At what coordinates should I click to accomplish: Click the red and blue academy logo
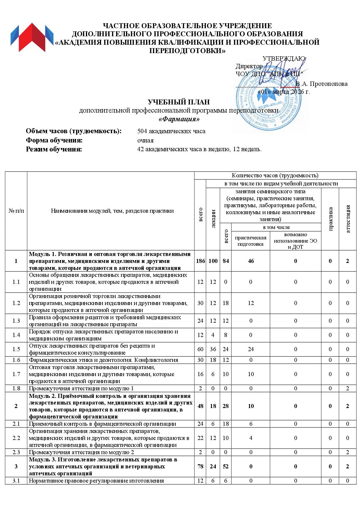click(32, 37)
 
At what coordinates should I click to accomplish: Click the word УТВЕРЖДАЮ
click(284, 59)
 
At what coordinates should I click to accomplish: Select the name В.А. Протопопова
click(321, 84)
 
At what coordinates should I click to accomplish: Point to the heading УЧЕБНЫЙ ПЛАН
click(179, 102)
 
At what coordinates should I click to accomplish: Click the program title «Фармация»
click(179, 119)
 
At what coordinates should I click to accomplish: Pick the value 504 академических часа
click(171, 131)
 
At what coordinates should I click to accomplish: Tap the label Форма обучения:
click(54, 140)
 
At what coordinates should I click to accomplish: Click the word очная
click(145, 140)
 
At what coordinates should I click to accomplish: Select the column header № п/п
click(16, 211)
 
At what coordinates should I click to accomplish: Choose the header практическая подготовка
click(251, 241)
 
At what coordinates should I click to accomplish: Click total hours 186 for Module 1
click(200, 261)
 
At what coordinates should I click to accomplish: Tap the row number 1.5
click(16, 349)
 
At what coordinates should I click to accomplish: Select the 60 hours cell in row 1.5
click(200, 349)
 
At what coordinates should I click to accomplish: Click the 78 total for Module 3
click(200, 466)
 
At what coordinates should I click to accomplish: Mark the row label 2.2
click(16, 438)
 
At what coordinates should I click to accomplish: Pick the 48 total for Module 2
click(200, 406)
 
